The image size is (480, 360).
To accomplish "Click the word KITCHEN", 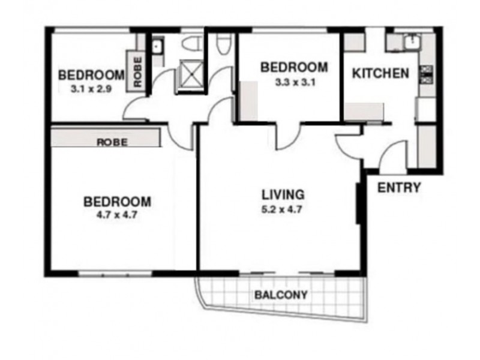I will point(380,74).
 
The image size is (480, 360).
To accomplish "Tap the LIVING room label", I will point(283,194).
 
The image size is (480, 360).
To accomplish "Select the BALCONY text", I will point(281,295).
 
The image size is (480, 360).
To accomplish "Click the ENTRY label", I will point(398,188).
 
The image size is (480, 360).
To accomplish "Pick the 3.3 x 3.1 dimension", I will point(293,83).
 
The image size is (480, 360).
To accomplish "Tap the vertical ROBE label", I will point(137,72).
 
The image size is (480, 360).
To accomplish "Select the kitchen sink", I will point(412,41).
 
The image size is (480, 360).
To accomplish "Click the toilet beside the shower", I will point(193,43).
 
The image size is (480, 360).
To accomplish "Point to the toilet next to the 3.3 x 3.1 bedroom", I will point(224,43).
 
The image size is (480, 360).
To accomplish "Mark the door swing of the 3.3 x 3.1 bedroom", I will point(287,137).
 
